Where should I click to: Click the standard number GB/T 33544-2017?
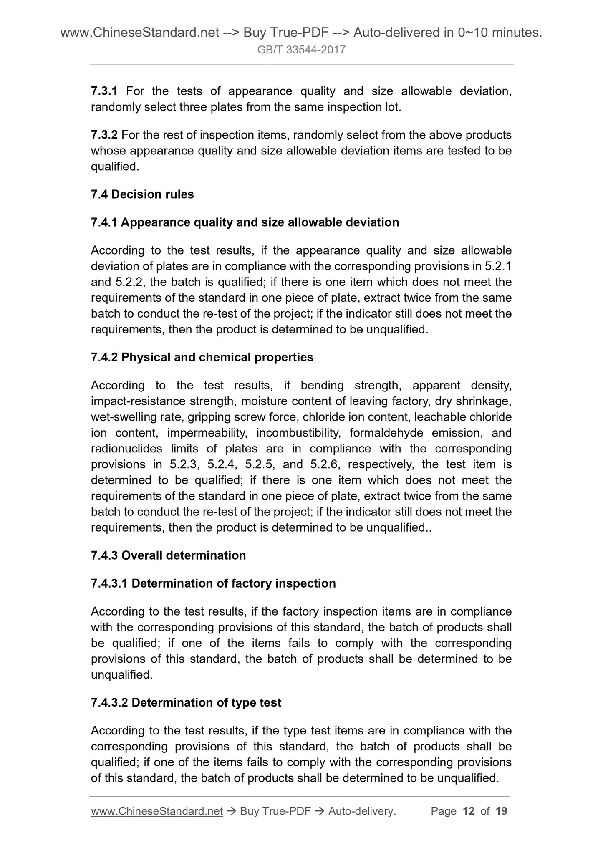click(x=301, y=50)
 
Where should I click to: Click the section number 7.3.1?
click(x=104, y=91)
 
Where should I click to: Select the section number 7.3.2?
click(x=104, y=135)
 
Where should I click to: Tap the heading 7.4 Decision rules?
click(x=142, y=194)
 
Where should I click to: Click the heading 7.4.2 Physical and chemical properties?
click(x=202, y=357)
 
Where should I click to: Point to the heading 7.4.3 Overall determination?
click(x=168, y=555)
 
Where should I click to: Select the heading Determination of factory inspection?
click(x=234, y=583)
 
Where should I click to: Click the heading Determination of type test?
click(x=207, y=703)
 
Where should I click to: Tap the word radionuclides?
click(x=126, y=449)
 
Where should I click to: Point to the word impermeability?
click(x=207, y=433)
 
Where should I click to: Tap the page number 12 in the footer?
click(x=469, y=811)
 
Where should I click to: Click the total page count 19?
click(x=501, y=811)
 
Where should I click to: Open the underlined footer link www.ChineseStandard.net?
click(x=157, y=811)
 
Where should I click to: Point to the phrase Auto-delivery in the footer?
click(x=361, y=811)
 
